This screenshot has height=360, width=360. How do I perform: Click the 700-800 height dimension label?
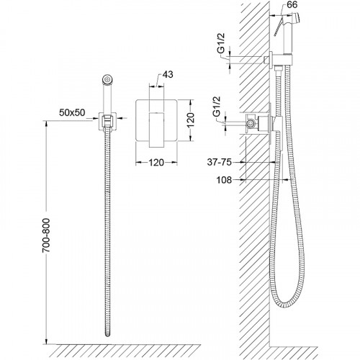pos(46,235)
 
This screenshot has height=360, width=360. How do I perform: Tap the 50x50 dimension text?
pos(72,112)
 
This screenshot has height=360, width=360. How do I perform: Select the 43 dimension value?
pos(168,75)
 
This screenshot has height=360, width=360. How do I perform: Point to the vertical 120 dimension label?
pos(190,120)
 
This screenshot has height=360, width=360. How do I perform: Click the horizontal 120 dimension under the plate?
pos(156,163)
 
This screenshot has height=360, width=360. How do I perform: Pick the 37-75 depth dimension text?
pos(220,162)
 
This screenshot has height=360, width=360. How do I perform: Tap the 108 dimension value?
pos(224,180)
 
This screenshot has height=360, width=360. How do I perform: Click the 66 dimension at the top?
pos(292,5)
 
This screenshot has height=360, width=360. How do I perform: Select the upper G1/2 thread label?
pos(221,43)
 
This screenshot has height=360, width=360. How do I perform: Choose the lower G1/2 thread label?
pos(217,107)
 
